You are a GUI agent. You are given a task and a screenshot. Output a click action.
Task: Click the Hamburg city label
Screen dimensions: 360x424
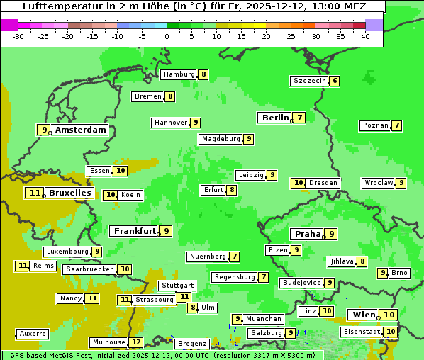tap(179, 74)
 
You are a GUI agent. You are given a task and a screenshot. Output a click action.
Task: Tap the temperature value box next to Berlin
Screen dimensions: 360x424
tap(300, 118)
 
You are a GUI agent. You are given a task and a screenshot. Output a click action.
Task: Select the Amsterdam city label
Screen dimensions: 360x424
tap(81, 130)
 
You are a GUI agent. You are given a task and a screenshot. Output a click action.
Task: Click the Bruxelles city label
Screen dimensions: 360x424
tap(69, 193)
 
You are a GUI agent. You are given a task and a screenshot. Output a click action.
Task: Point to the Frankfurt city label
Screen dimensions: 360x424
tap(135, 231)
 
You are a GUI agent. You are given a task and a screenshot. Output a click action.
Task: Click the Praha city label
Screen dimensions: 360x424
tap(308, 234)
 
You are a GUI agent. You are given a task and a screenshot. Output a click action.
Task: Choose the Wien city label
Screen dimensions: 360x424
tap(363, 315)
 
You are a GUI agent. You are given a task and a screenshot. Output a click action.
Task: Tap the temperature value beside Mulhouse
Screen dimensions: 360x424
tap(136, 342)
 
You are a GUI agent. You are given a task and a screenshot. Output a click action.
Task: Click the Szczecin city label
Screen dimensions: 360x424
tap(310, 81)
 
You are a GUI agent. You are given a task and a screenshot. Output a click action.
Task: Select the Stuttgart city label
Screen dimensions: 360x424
tap(177, 286)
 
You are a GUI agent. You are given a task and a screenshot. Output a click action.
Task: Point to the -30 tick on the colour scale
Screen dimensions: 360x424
tap(18, 35)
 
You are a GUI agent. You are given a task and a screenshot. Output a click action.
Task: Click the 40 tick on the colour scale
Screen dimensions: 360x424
tap(365, 35)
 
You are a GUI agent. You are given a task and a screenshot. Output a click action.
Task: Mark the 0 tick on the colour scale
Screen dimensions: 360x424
tap(167, 35)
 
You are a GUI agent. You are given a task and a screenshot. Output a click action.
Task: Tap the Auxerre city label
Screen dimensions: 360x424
tap(33, 333)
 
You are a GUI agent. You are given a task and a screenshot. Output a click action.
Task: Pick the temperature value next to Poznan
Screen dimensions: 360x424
tap(397, 125)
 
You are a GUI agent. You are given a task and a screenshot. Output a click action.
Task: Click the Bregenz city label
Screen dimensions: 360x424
tap(192, 344)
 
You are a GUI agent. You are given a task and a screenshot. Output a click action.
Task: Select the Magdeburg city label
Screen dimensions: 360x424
tap(221, 139)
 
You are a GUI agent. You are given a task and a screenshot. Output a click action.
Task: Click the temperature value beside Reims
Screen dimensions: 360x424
tap(23, 266)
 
